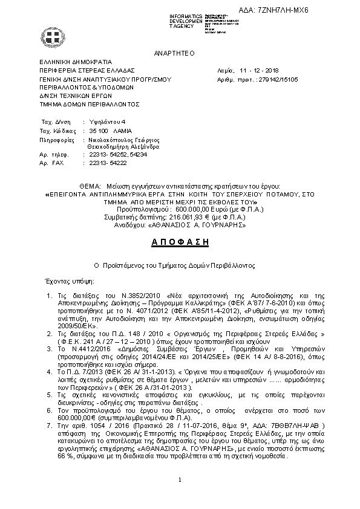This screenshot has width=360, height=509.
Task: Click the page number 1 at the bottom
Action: (180, 497)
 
